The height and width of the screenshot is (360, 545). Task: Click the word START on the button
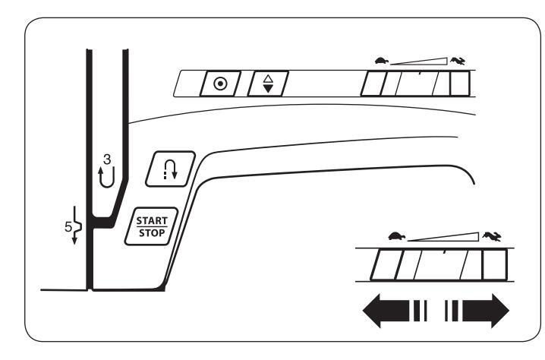(152, 220)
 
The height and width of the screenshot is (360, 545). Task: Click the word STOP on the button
(152, 233)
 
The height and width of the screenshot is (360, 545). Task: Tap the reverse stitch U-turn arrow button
(170, 169)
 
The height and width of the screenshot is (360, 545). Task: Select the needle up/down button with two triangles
(268, 84)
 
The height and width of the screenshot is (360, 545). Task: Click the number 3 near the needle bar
(107, 159)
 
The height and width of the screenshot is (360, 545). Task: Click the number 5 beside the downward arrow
(68, 227)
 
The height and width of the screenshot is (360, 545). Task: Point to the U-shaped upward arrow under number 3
(106, 177)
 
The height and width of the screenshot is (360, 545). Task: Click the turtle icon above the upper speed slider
(382, 61)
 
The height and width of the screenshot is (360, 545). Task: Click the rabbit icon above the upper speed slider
(458, 62)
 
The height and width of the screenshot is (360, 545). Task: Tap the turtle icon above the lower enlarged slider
(396, 236)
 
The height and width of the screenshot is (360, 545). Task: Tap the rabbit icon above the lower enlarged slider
(492, 236)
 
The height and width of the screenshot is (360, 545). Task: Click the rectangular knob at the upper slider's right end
(460, 84)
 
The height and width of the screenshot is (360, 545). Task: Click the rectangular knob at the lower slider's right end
(495, 265)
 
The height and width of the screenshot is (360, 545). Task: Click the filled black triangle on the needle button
(268, 89)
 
